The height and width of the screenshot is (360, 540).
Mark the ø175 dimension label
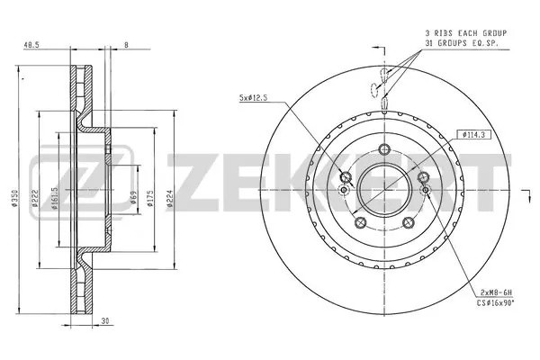coord(152,198)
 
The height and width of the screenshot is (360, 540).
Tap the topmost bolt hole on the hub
coord(383,150)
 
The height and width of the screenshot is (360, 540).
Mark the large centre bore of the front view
coord(383,190)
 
